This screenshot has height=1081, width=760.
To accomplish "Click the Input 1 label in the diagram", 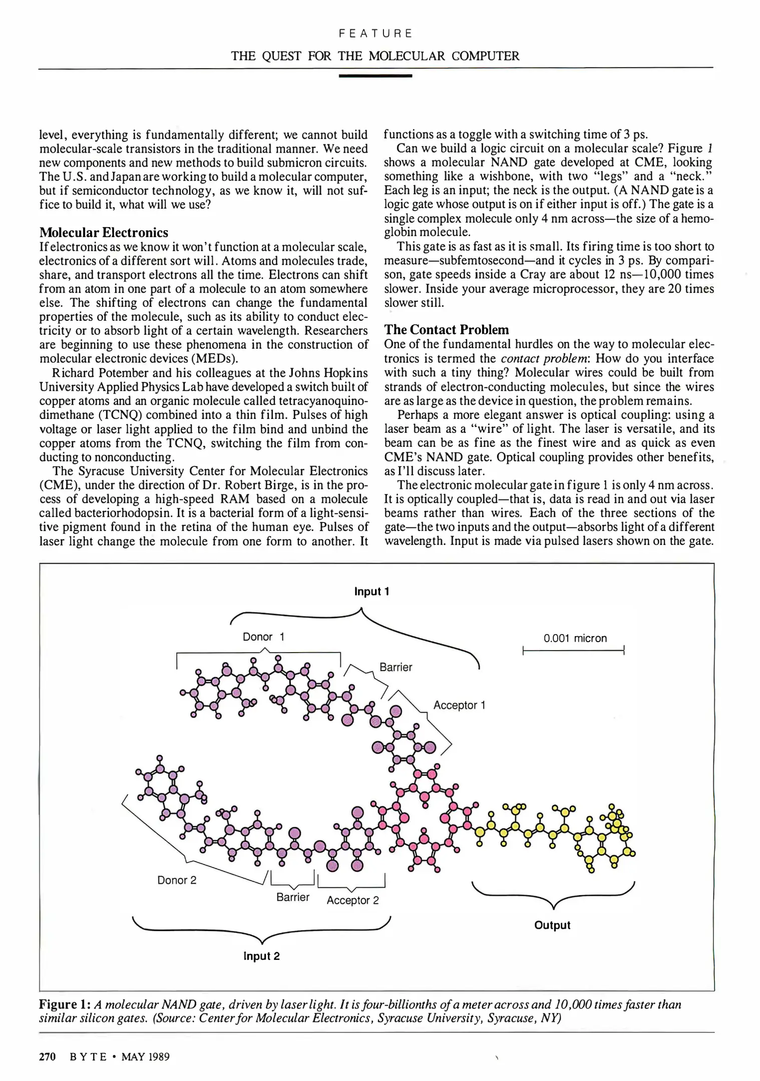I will pos(371,592).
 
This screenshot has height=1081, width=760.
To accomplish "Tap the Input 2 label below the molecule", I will pos(261,956).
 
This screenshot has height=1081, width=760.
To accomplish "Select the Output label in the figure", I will pos(552,925).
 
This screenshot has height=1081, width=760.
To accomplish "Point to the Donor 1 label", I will pos(263,637).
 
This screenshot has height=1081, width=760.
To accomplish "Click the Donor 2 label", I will pos(177,880).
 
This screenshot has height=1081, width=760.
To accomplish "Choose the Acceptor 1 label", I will pos(459,705).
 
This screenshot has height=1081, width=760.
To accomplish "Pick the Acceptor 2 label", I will pos(352,900).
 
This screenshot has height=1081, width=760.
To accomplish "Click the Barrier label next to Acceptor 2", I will pos(293,897).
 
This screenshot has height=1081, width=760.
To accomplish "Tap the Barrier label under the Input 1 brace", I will pos(396,667).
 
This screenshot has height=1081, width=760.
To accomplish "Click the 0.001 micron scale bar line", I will pos(573,651).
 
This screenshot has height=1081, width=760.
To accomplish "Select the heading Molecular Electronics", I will pos(104,233).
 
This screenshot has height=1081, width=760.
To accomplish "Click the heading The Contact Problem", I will pos(446,330).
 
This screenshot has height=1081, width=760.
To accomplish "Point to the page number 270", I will pos(47,1057).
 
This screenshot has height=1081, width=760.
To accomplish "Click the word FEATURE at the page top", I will pos(375,34).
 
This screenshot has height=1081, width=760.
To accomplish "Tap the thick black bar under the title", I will pos(375,76).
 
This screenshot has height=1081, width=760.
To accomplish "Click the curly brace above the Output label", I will pos(553,895).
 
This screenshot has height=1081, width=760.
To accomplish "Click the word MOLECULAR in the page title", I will pos(407,56).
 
